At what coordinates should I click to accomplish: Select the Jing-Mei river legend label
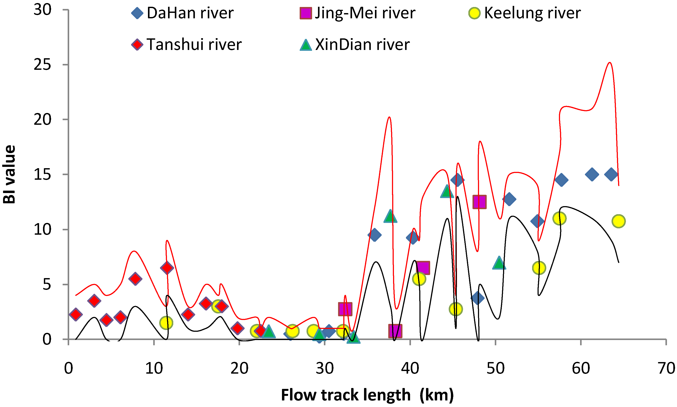pyautogui.click(x=365, y=13)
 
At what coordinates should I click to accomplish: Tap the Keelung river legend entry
pyautogui.click(x=532, y=13)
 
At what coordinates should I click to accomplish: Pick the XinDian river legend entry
pyautogui.click(x=362, y=44)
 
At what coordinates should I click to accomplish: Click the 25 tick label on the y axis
pyautogui.click(x=43, y=65)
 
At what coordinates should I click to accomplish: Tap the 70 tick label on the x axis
pyautogui.click(x=666, y=368)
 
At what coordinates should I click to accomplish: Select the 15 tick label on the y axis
pyautogui.click(x=43, y=174)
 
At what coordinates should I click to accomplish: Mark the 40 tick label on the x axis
pyautogui.click(x=410, y=368)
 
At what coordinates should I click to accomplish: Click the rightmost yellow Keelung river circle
pyautogui.click(x=619, y=221)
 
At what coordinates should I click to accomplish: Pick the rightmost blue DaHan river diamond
pyautogui.click(x=611, y=174)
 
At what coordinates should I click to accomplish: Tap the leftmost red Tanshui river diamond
pyautogui.click(x=76, y=314)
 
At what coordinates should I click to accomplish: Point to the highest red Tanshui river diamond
pyautogui.click(x=167, y=268)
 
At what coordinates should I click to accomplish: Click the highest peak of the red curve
pyautogui.click(x=610, y=63)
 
